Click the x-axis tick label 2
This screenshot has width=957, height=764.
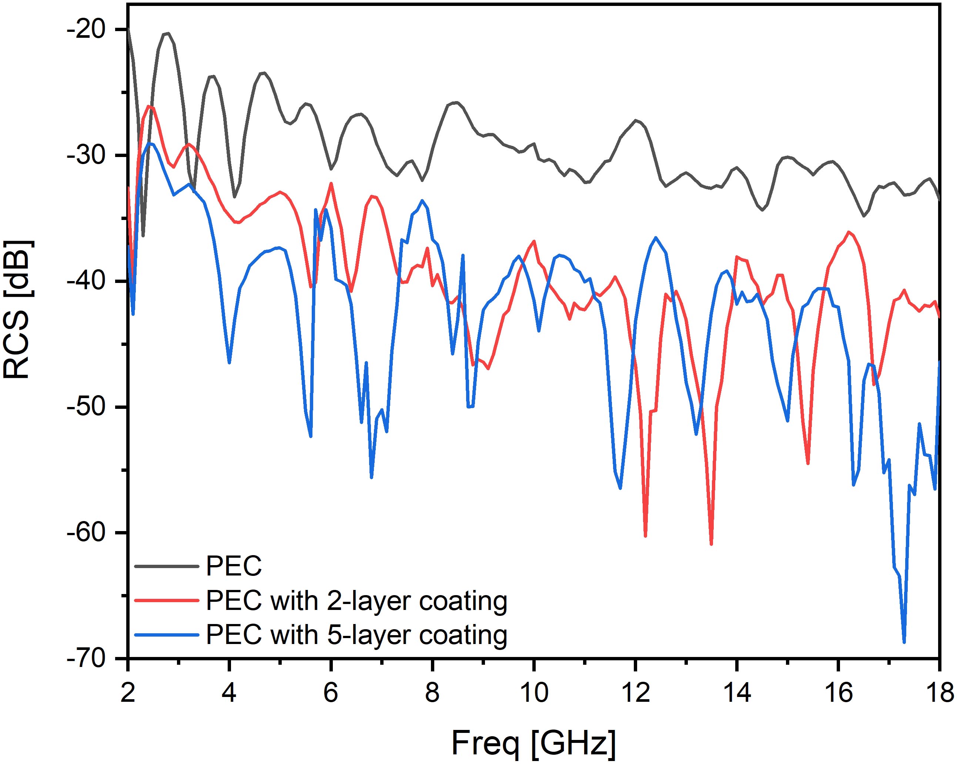tap(128, 693)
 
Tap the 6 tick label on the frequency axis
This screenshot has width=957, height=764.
tap(331, 693)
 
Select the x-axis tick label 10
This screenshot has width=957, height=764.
tap(533, 693)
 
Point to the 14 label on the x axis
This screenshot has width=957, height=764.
tap(736, 693)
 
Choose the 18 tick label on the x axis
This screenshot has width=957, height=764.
tap(939, 693)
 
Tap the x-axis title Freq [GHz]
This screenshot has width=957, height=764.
tap(533, 742)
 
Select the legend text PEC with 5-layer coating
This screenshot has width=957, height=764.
tap(357, 635)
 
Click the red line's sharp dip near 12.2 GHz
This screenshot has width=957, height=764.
tap(645, 536)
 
